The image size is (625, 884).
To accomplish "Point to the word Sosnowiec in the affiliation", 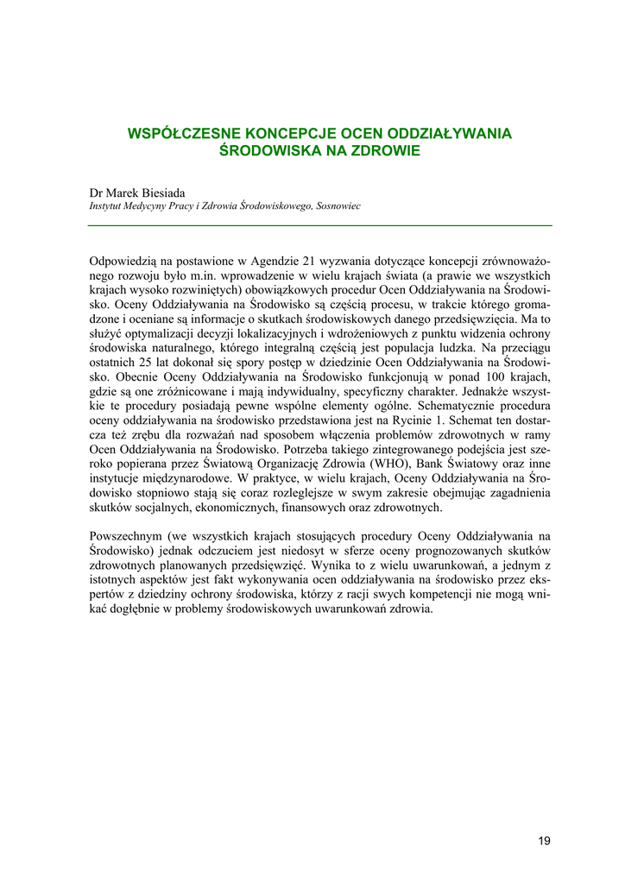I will pos(339,207).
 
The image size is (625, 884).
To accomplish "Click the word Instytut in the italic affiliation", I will pos(108,207).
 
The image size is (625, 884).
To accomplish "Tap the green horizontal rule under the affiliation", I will pos(319,225).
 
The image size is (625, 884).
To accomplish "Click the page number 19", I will pos(543,841).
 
